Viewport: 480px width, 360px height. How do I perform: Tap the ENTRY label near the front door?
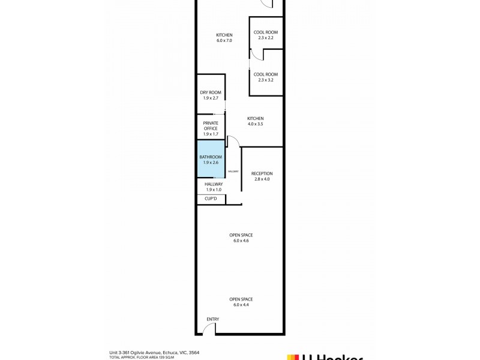[x=213, y=319]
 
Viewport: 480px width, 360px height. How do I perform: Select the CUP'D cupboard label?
[x=211, y=199]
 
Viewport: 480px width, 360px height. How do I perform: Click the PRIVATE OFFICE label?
[x=211, y=128]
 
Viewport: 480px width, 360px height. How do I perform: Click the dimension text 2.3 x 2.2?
[x=266, y=38]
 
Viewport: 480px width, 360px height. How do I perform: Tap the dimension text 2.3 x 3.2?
[x=266, y=80]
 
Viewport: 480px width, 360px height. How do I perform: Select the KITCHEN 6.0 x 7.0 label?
[x=224, y=37]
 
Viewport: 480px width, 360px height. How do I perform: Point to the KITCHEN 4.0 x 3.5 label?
[x=255, y=121]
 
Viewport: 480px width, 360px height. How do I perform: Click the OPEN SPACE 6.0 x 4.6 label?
[x=241, y=238]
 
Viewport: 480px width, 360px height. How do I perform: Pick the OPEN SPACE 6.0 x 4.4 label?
[x=241, y=302]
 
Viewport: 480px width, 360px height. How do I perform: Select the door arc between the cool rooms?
[x=256, y=55]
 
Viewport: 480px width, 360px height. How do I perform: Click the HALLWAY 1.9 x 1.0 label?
[x=214, y=187]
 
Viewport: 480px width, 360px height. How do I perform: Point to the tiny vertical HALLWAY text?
[x=233, y=172]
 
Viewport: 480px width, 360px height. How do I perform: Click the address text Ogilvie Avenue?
[x=150, y=353]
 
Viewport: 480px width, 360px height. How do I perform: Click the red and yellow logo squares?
[x=293, y=358]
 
